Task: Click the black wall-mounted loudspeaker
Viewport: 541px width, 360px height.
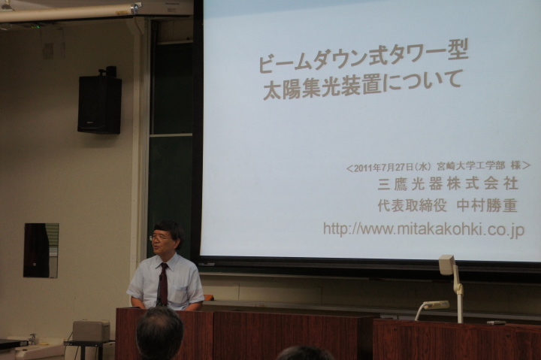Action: pyautogui.click(x=99, y=104)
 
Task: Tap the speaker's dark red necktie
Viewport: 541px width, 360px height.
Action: pyautogui.click(x=163, y=284)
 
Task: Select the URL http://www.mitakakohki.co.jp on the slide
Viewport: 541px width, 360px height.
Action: pyautogui.click(x=424, y=229)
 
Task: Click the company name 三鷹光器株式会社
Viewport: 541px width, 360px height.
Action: pyautogui.click(x=448, y=183)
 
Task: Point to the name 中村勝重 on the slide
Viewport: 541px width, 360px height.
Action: pyautogui.click(x=487, y=206)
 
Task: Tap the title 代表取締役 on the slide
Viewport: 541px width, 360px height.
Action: pyautogui.click(x=412, y=206)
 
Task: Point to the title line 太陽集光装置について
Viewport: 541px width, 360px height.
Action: pyautogui.click(x=362, y=85)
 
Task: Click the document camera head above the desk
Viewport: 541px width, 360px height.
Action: pyautogui.click(x=447, y=265)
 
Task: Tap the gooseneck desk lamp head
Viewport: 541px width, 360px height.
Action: pyautogui.click(x=436, y=305)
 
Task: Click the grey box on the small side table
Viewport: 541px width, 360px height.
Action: pyautogui.click(x=91, y=331)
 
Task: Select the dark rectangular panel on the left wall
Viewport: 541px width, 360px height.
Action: pyautogui.click(x=41, y=250)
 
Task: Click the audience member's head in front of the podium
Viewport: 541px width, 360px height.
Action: pyautogui.click(x=159, y=334)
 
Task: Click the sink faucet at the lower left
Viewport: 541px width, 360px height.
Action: pyautogui.click(x=32, y=339)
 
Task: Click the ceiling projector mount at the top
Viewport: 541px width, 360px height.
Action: pyautogui.click(x=135, y=8)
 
